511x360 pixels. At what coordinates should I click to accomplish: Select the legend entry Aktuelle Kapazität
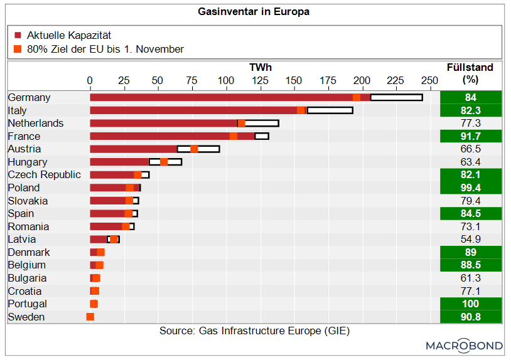click(69, 36)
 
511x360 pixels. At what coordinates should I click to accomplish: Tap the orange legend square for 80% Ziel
click(18, 49)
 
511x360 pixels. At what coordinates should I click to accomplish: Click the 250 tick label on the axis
click(429, 80)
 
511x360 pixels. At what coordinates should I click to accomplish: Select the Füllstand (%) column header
click(470, 73)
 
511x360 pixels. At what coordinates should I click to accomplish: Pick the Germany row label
click(30, 98)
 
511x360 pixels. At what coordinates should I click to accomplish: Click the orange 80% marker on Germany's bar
click(357, 97)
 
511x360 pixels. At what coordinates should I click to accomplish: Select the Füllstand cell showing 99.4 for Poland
click(471, 188)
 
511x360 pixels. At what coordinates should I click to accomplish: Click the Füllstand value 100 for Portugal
click(471, 304)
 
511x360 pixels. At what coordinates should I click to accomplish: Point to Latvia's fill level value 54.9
click(471, 240)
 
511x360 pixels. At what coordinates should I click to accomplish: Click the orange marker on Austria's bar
click(194, 149)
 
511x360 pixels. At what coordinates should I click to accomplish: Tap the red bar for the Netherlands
click(163, 123)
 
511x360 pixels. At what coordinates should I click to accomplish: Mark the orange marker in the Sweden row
click(90, 317)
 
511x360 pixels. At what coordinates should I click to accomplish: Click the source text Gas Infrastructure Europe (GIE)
click(254, 331)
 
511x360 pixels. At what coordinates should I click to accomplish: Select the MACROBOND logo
click(464, 346)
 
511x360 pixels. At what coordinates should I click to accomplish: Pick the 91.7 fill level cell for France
click(471, 136)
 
